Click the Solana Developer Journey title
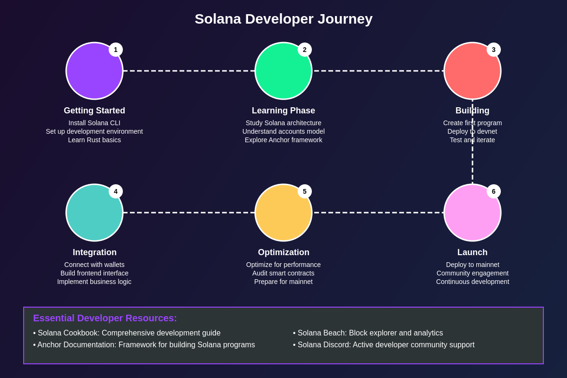tap(283, 19)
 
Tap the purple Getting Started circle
tap(94, 71)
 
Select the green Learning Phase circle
tap(283, 71)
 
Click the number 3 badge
tap(494, 50)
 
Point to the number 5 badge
tap(304, 191)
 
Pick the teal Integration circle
tap(94, 213)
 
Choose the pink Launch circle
tap(472, 213)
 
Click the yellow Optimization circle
tap(283, 213)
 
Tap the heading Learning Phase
tap(283, 111)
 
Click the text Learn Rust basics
tap(94, 140)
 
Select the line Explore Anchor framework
tap(283, 140)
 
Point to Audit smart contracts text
tap(283, 273)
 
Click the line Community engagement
tap(472, 273)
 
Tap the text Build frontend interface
tap(94, 273)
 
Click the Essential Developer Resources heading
tap(105, 318)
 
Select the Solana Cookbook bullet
tap(127, 333)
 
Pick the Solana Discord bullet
tap(384, 344)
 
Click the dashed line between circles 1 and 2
tap(189, 71)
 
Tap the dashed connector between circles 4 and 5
tap(189, 213)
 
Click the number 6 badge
tap(494, 191)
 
